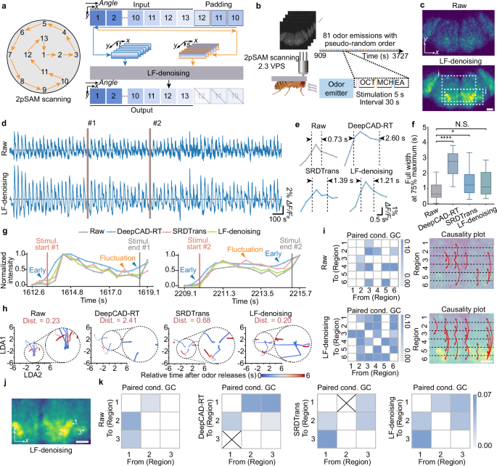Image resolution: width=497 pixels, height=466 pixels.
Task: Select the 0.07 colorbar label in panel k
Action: [x=482, y=398]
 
